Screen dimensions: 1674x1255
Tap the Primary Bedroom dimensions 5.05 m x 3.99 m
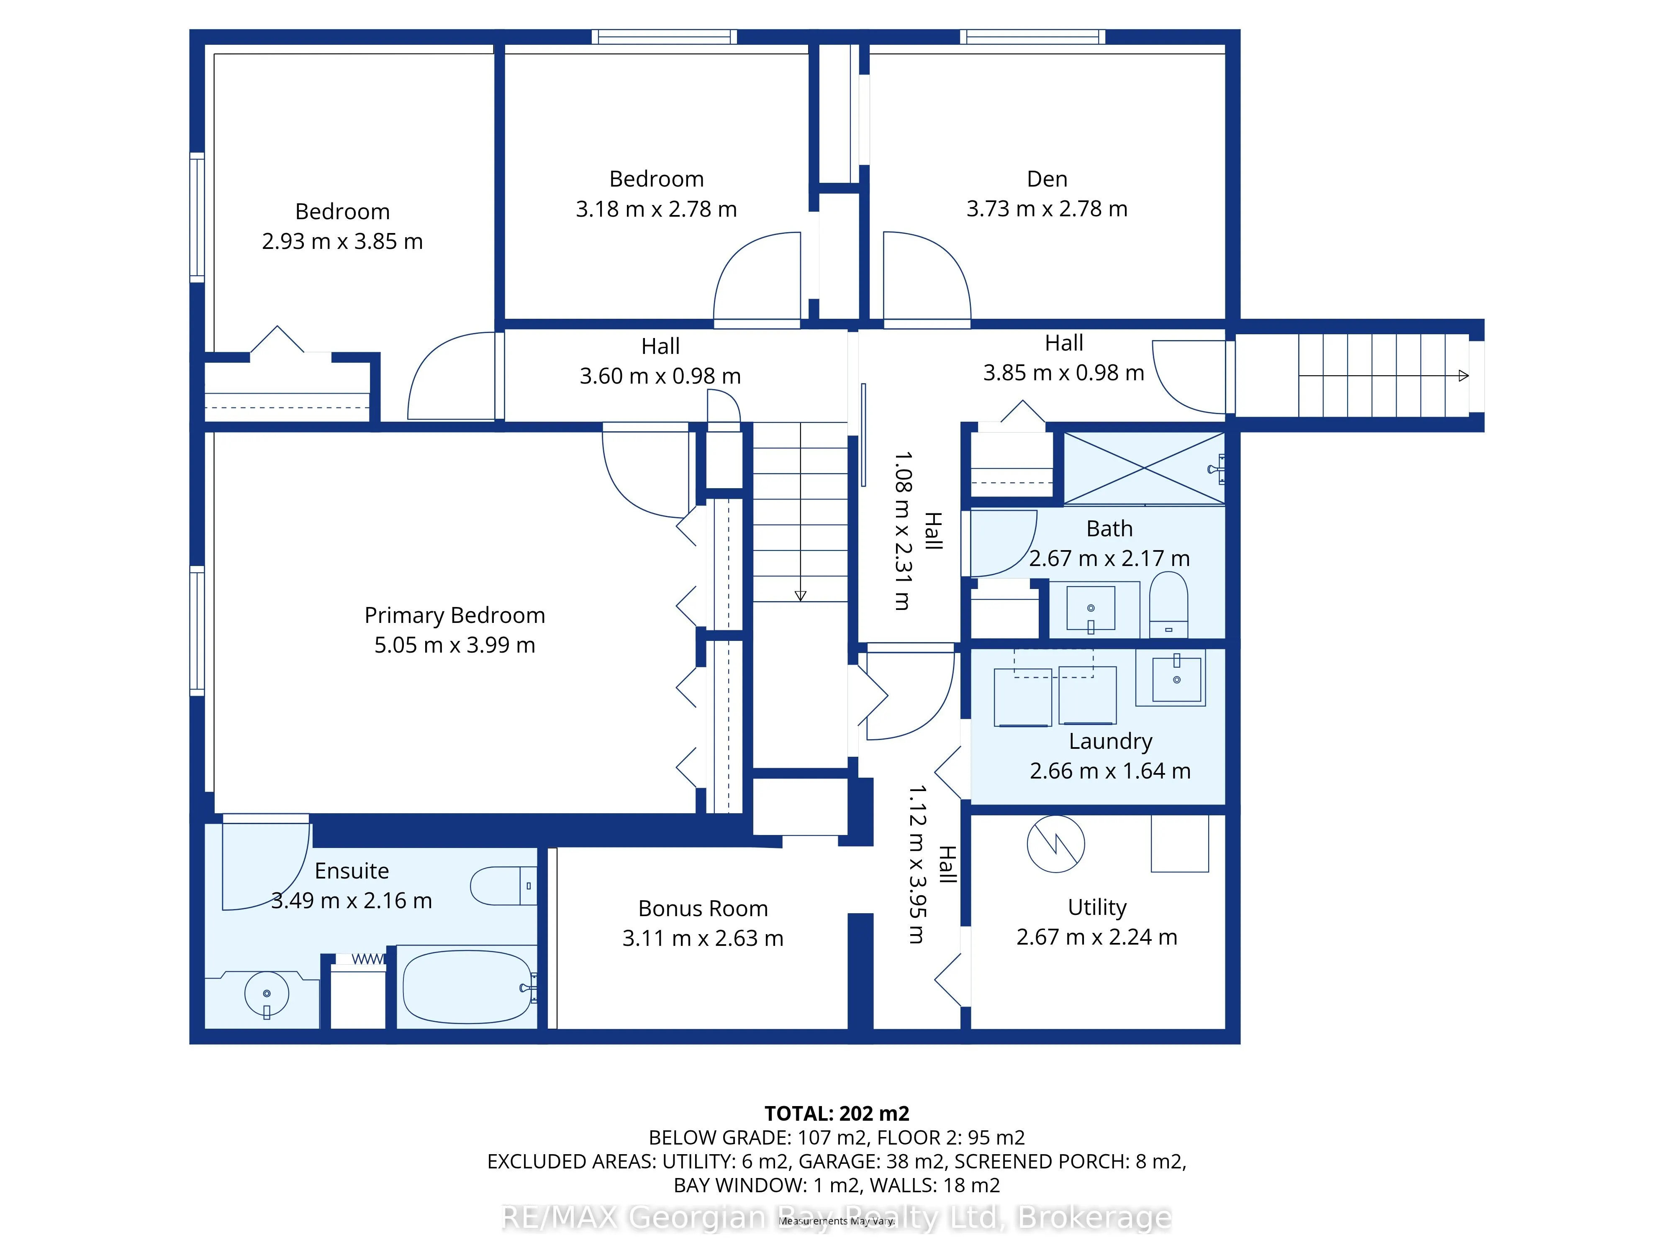tap(455, 645)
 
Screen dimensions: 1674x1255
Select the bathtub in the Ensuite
tap(468, 986)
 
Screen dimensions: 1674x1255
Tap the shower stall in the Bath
tap(1144, 468)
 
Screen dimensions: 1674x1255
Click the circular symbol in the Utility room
tap(1056, 843)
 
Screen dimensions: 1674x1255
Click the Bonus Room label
tap(703, 909)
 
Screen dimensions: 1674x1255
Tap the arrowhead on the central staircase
tap(801, 595)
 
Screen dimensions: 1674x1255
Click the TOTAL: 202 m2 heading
tap(837, 1114)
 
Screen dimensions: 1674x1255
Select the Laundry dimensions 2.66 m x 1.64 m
tap(1110, 771)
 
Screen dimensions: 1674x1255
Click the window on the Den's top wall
tap(1033, 36)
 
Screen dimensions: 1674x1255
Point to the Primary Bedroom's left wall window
tap(197, 630)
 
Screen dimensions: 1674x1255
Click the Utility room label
tap(1097, 907)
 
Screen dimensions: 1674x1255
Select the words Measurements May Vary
tap(837, 1221)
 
